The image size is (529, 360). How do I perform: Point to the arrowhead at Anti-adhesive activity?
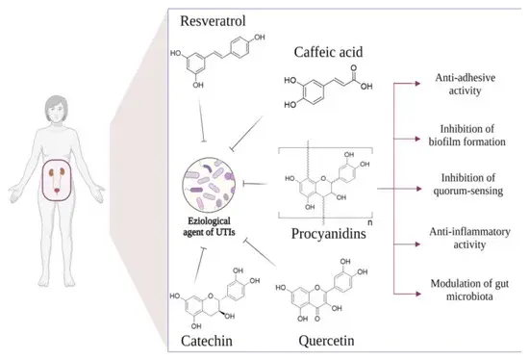pyautogui.click(x=416, y=84)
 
